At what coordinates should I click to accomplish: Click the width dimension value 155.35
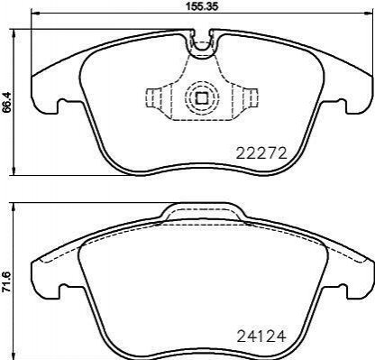tap(201, 5)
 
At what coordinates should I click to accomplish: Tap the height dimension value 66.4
tap(6, 102)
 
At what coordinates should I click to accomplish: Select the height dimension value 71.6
tap(6, 282)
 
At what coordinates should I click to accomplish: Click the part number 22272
tap(261, 153)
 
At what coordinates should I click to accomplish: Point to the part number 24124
tap(261, 337)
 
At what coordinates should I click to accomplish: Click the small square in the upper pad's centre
tap(201, 97)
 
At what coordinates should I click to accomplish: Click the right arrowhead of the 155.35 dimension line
tap(368, 13)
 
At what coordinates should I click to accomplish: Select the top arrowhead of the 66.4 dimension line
tap(13, 33)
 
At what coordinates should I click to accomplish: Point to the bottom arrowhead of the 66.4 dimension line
tap(13, 171)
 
